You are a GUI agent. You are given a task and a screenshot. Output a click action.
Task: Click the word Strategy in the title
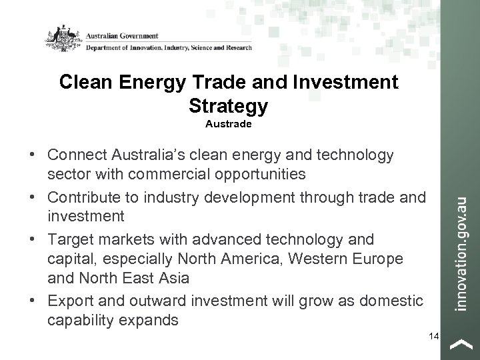click(x=228, y=105)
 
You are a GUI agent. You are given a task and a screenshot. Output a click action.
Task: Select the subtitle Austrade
click(x=229, y=124)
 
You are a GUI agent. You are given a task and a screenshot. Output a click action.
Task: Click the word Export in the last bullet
click(x=71, y=301)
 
